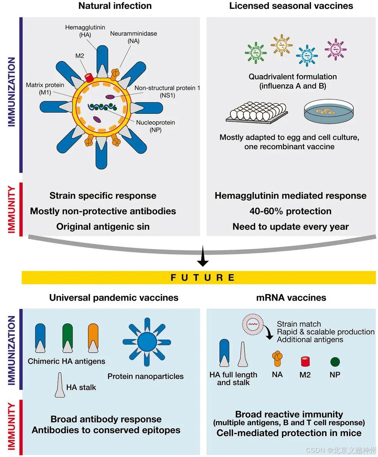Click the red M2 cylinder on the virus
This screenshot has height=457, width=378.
click(89, 77)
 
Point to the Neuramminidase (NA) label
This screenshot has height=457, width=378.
click(133, 37)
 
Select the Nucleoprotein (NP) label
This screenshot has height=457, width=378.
click(156, 126)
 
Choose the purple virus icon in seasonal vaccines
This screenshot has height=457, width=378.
click(335, 49)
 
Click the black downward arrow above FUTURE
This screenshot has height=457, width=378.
click(202, 261)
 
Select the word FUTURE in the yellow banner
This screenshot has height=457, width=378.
click(202, 278)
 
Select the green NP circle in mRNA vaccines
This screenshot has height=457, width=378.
click(335, 361)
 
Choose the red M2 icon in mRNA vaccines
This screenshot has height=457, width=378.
click(305, 361)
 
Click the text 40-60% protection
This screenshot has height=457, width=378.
click(290, 211)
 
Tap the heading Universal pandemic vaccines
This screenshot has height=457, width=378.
click(113, 298)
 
